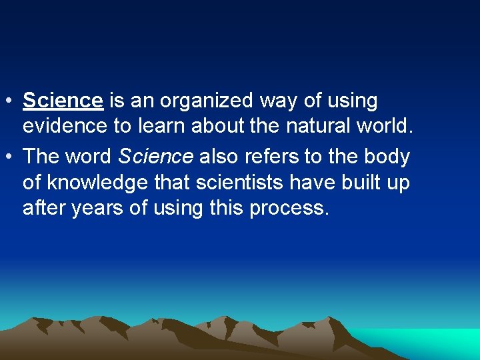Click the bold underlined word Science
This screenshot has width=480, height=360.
click(63, 101)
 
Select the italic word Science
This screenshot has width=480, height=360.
click(155, 157)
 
